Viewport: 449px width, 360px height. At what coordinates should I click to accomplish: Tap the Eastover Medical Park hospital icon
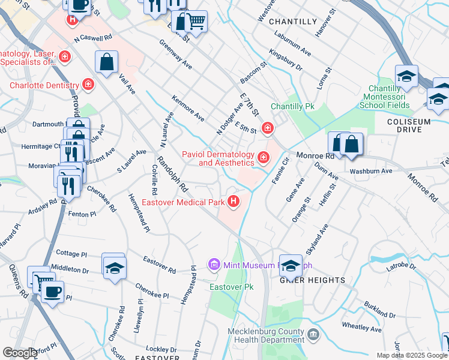pyautogui.click(x=234, y=202)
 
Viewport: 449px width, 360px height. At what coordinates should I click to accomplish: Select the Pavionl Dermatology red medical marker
pyautogui.click(x=263, y=158)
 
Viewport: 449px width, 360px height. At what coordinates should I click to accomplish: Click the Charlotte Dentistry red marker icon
pyautogui.click(x=88, y=85)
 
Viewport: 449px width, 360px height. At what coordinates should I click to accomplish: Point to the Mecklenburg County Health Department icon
pyautogui.click(x=312, y=334)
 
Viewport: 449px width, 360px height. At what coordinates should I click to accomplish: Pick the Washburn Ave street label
pyautogui.click(x=370, y=170)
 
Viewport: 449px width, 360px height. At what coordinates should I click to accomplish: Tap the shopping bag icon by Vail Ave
pyautogui.click(x=106, y=62)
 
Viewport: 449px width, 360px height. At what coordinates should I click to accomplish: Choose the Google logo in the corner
pyautogui.click(x=20, y=353)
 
